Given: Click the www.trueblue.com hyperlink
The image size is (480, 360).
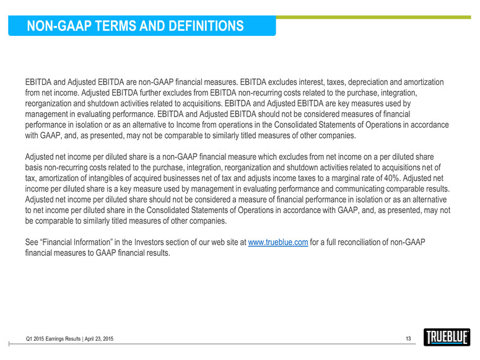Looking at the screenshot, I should click(x=277, y=242).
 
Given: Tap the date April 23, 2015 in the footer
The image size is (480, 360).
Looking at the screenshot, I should click(x=95, y=339).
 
